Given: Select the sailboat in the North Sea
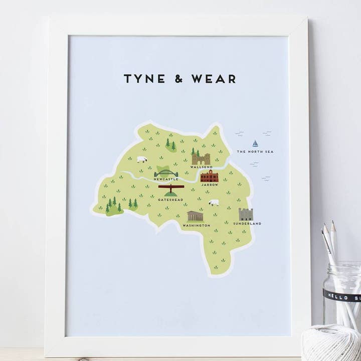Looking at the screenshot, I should point(255,143).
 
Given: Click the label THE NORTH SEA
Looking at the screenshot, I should point(255,151).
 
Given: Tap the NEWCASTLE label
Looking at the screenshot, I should point(166,179).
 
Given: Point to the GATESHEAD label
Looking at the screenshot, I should point(170,200).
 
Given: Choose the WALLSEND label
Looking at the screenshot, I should point(202,167).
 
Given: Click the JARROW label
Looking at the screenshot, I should point(210,185).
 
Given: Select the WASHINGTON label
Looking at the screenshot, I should point(196,226).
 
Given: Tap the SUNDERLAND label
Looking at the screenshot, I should point(247,224).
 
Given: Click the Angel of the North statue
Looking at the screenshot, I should point(171,190).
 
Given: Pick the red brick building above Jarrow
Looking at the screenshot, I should point(210,176).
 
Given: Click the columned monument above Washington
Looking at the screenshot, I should point(195,217).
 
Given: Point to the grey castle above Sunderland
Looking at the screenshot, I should point(246,214).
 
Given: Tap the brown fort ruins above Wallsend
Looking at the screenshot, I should point(202,158).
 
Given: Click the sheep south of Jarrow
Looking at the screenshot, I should point(214,203).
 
